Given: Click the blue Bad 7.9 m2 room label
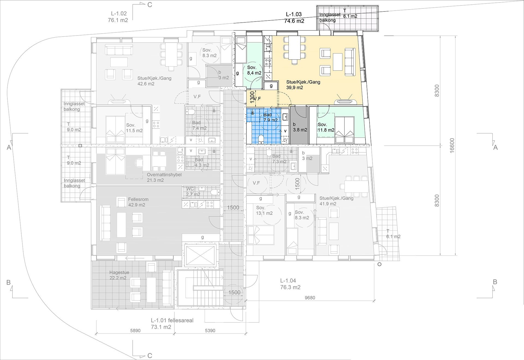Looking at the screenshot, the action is click(270, 117).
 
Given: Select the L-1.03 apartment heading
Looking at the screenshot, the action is click(294, 17).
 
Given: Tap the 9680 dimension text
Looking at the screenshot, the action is click(310, 298).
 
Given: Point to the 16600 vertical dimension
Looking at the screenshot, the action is click(452, 145).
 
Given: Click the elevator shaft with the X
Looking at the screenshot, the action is click(201, 255).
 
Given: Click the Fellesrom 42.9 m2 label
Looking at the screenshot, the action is click(138, 202).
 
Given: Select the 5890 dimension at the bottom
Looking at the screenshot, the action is click(135, 331).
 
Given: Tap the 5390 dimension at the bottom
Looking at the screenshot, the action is click(210, 331).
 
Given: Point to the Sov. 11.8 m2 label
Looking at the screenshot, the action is click(326, 127).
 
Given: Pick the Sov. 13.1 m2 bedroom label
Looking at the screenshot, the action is click(264, 210).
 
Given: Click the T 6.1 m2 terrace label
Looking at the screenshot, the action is click(393, 234).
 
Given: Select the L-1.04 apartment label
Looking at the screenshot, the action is click(290, 284).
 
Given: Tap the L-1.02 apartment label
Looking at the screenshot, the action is click(118, 17).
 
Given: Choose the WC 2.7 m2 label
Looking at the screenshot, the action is click(193, 192).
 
